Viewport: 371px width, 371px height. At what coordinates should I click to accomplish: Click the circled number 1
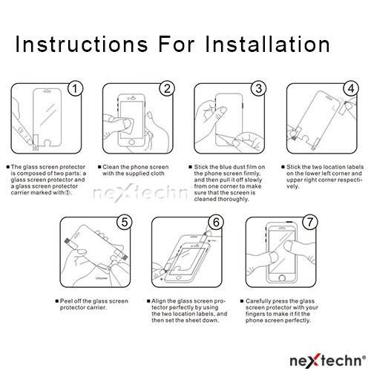coord(75,88)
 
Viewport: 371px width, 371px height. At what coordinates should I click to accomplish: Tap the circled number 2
coord(167,88)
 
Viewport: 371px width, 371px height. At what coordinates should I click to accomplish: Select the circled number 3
coord(258,88)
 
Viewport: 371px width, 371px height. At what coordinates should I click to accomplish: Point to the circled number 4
coord(351,88)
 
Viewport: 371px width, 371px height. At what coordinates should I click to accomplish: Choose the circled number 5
coord(125,222)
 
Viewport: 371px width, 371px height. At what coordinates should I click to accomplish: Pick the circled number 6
coord(216,222)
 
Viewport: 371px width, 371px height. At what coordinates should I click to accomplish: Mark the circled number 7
coord(310,222)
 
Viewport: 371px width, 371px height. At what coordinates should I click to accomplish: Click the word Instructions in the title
coord(82,45)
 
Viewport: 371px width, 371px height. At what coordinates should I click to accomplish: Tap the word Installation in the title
coord(268,45)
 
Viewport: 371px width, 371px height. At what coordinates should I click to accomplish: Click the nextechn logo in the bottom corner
coord(327,360)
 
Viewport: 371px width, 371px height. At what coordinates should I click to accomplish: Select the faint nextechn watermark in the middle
coord(141,193)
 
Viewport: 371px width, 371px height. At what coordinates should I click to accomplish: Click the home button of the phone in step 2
coord(131,142)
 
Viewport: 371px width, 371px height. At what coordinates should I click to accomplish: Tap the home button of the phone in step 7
coord(282,278)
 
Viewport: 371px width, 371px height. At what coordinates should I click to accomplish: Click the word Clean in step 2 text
coord(111,167)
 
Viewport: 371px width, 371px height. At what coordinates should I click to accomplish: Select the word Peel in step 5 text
coord(66,301)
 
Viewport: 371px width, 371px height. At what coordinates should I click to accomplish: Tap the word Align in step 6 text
coord(158,301)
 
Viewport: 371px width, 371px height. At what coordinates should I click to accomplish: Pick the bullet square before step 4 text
coord(283,167)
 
